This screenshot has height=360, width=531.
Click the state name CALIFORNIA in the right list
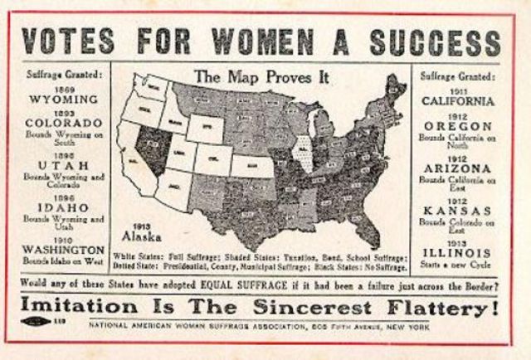[459, 101]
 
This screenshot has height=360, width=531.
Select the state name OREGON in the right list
[459, 127]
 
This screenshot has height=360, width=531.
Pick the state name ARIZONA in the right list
[459, 168]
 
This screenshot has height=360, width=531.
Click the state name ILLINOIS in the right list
[459, 251]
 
